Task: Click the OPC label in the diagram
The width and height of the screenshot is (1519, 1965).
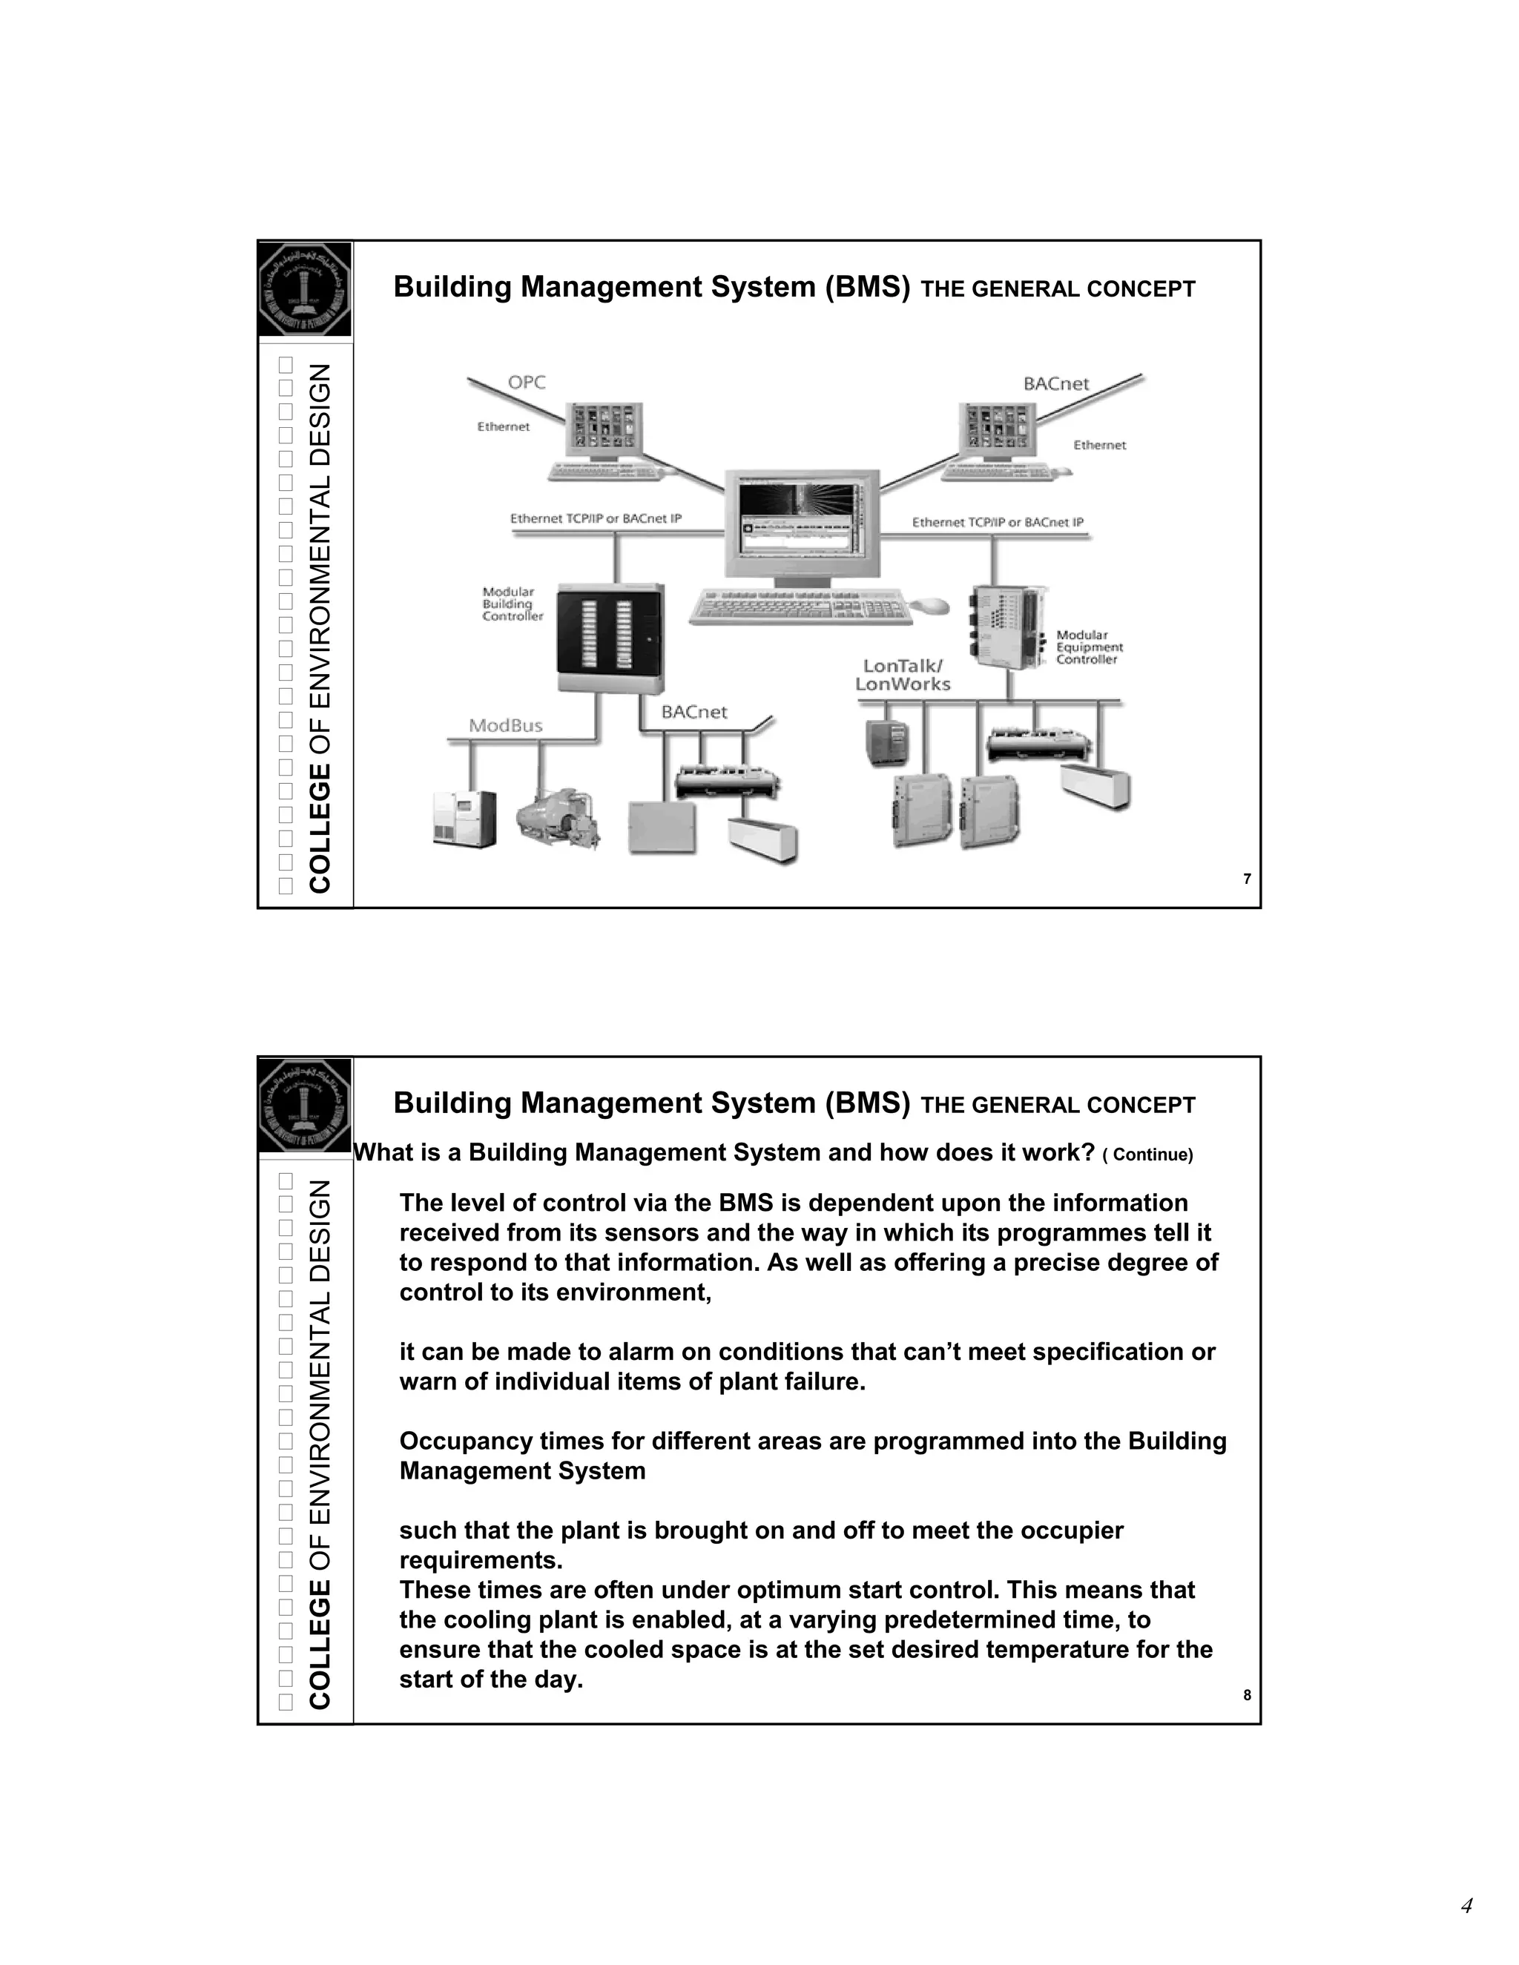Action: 527,383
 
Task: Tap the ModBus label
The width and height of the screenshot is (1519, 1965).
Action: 506,726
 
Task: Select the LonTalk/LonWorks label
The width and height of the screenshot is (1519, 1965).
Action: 903,675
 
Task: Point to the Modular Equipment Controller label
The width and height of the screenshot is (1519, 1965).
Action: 1089,647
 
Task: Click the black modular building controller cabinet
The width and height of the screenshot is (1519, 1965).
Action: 610,638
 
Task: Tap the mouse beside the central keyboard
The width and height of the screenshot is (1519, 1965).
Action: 932,606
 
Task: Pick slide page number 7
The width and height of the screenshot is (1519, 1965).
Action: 1246,879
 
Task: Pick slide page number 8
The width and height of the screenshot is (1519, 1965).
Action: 1246,1695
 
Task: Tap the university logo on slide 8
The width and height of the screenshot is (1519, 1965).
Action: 305,1106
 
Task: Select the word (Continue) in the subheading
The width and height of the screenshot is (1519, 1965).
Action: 1147,1155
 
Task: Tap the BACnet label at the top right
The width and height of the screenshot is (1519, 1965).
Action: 1055,384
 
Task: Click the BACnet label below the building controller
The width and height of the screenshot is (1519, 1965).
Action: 693,712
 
